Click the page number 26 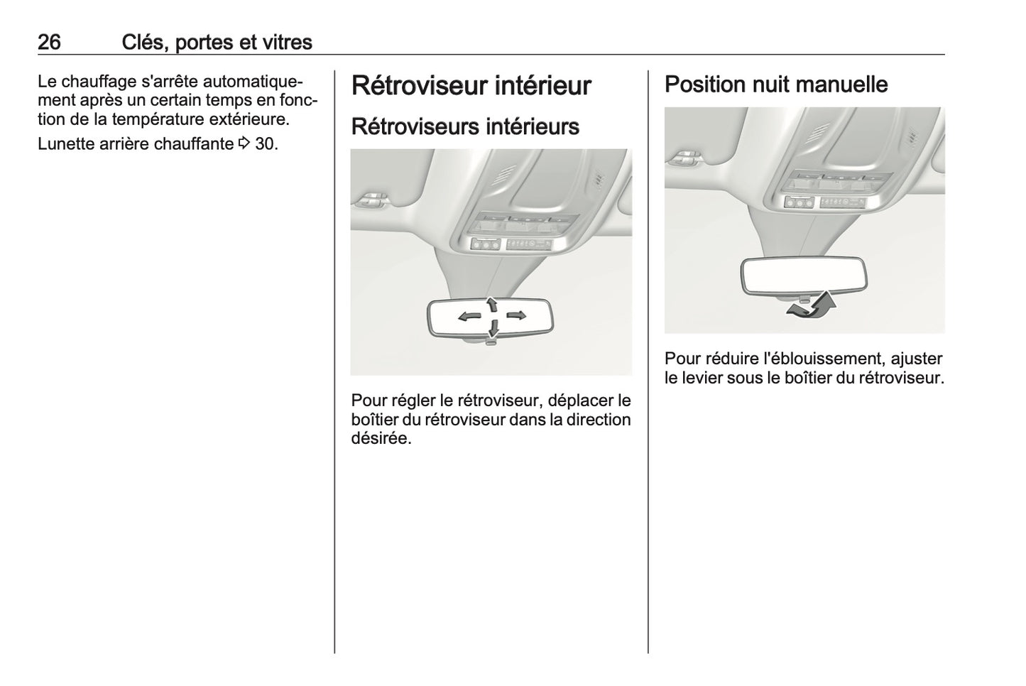click(49, 43)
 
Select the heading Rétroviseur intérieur click(471, 86)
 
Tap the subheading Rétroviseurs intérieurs click(465, 126)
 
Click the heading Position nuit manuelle click(775, 85)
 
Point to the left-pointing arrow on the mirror click(469, 316)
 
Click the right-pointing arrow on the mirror click(515, 315)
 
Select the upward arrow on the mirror click(491, 304)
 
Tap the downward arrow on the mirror click(492, 329)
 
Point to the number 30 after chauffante click(266, 144)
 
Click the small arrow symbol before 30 click(244, 144)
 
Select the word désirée click(380, 438)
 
